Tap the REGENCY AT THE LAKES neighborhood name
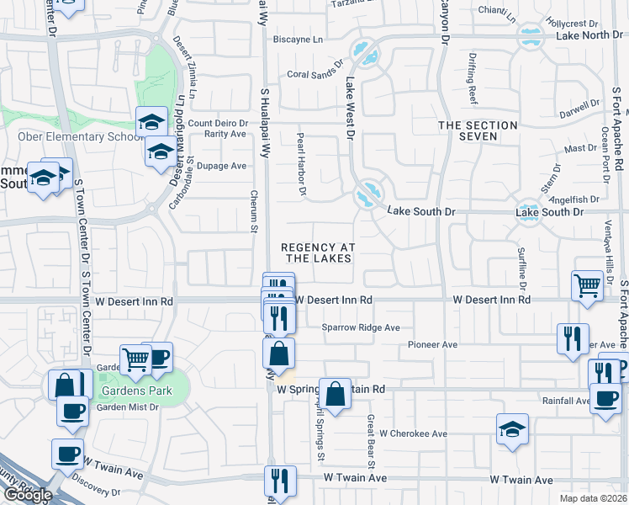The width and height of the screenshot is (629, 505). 318,252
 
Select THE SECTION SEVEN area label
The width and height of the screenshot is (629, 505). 478,131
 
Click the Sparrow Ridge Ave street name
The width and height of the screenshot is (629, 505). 361,327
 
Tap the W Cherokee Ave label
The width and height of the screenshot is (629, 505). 413,433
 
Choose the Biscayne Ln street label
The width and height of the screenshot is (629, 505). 298,40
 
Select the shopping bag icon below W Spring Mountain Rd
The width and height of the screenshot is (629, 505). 335,392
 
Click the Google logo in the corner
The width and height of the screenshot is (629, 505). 28,495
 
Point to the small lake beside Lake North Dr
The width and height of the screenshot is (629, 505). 529,36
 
